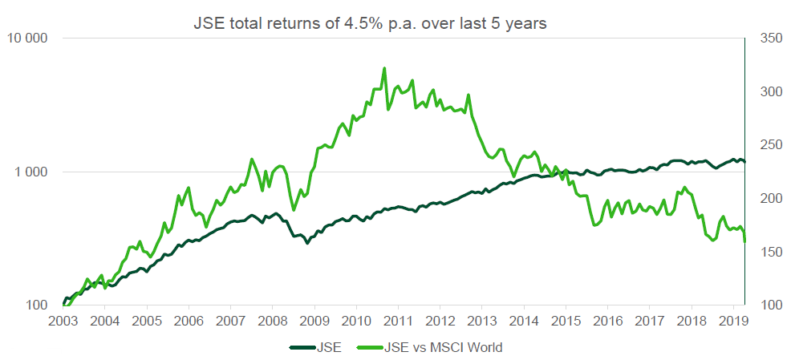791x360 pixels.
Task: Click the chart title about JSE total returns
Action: coord(370,23)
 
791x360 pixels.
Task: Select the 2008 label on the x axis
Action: coord(272,321)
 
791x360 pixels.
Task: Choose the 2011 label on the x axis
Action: coord(398,321)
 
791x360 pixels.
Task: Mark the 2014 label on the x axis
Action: coord(524,321)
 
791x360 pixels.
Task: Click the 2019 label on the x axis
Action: coord(733,321)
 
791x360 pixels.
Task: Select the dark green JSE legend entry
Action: coord(317,347)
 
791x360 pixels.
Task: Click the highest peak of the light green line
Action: coord(384,68)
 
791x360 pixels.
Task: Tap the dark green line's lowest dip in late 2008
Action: coord(307,242)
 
